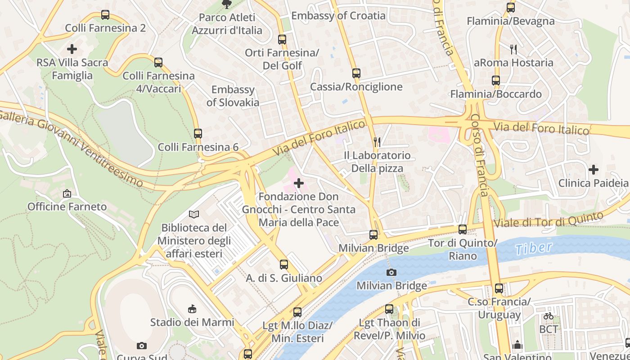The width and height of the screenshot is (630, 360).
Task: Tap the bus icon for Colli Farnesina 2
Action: tap(105, 15)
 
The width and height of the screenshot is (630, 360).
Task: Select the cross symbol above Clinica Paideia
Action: tap(593, 170)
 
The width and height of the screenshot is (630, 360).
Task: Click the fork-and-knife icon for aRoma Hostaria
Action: tap(513, 49)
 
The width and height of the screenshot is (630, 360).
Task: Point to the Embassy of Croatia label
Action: tap(338, 16)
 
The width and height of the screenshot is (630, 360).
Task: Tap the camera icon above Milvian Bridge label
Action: tap(391, 272)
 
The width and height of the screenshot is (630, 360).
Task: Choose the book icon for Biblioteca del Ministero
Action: tap(194, 215)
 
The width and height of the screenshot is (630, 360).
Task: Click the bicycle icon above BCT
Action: tap(548, 316)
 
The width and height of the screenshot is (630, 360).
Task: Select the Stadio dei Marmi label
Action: tap(192, 322)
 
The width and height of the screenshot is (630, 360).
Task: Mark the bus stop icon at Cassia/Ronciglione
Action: tap(356, 73)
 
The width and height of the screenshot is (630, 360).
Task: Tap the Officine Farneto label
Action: tap(67, 207)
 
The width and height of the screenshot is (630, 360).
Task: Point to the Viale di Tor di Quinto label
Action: tap(548, 219)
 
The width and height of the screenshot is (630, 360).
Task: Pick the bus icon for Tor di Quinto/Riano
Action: tap(463, 229)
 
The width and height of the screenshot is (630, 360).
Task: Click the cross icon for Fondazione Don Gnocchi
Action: tap(298, 183)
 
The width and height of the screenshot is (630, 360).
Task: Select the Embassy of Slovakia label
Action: tap(233, 96)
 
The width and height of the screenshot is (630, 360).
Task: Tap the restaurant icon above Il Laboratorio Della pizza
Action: tap(377, 142)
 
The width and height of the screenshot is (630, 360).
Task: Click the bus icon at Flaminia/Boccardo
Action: tap(496, 81)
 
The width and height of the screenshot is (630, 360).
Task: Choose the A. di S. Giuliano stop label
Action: tap(284, 278)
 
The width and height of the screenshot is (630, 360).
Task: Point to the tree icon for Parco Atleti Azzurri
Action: tap(226, 4)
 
